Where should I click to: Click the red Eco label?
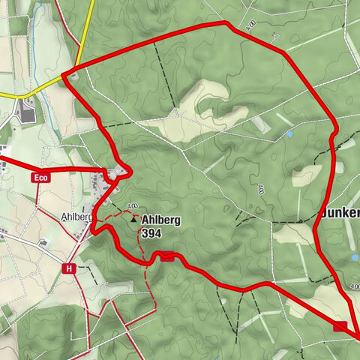40,178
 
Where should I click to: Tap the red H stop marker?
70,268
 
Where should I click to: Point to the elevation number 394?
151,232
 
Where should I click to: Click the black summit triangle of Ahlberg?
133,220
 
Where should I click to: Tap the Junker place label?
341,212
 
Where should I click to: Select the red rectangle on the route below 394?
168,256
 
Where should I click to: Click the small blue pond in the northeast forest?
289,134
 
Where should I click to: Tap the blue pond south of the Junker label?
355,255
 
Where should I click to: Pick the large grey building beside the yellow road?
28,113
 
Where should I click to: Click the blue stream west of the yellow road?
46,120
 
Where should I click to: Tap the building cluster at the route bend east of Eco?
115,175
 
